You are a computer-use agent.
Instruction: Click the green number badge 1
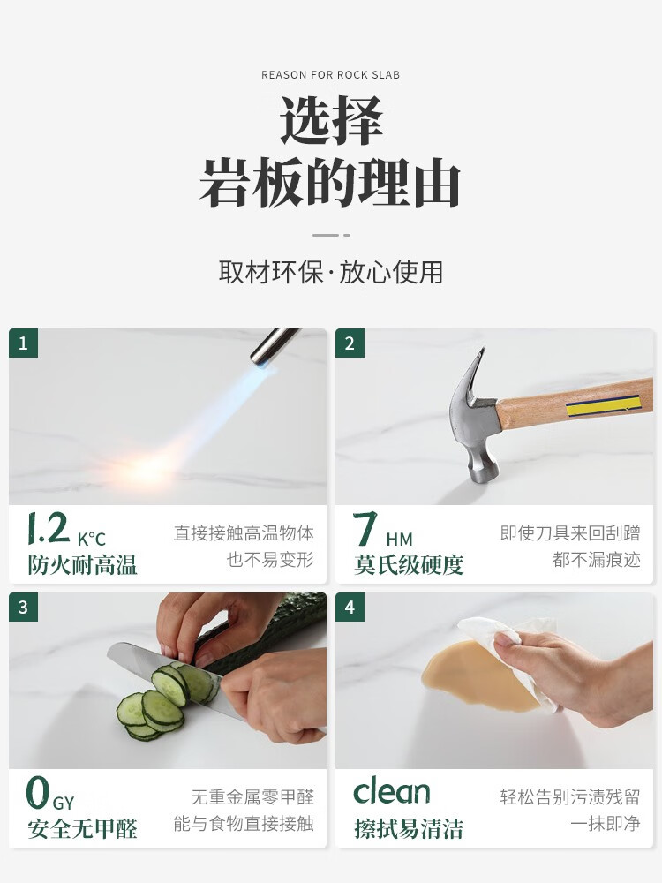[x=23, y=343]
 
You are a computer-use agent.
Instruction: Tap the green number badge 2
[x=350, y=343]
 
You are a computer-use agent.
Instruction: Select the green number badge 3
[x=23, y=608]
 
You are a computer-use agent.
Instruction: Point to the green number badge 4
[x=350, y=608]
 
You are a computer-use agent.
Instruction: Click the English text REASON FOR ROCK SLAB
[x=330, y=75]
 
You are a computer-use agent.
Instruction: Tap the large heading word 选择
[x=331, y=120]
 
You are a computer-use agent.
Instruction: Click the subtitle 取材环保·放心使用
[x=331, y=272]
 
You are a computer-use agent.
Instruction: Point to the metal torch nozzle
[x=275, y=346]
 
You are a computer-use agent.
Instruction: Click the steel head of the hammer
[x=476, y=417]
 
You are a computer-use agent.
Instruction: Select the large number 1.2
[x=49, y=528]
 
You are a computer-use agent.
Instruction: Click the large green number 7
[x=365, y=529]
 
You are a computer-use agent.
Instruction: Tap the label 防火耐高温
[x=83, y=565]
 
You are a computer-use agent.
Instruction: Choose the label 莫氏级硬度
[x=409, y=565]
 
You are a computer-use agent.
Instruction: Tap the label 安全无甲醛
[x=83, y=829]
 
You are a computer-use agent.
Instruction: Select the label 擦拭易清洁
[x=409, y=829]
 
